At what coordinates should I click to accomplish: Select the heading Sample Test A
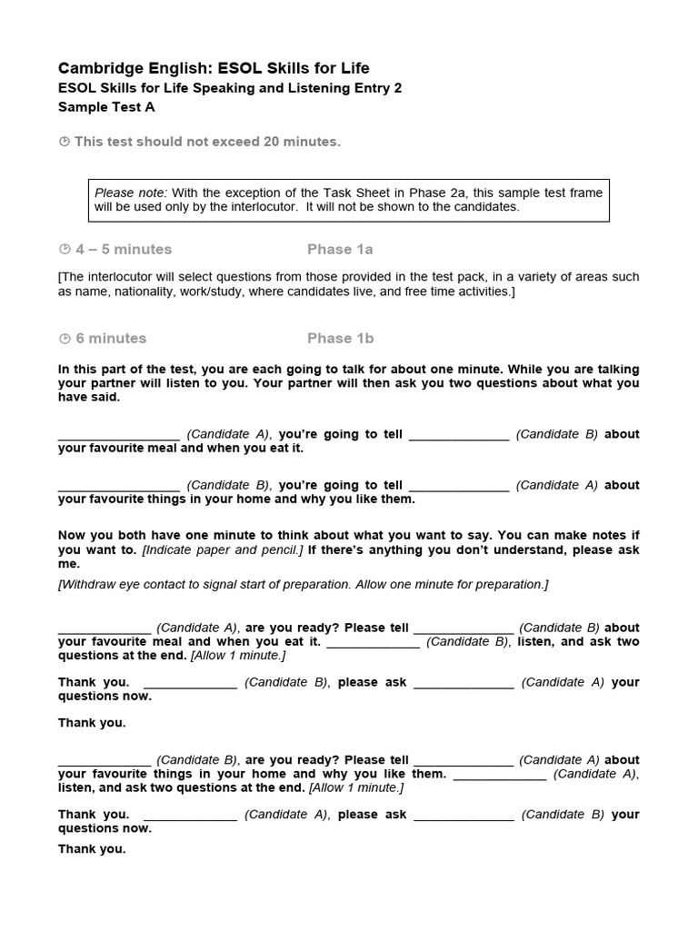click(x=106, y=106)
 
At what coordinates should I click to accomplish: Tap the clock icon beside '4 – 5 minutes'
click(x=64, y=249)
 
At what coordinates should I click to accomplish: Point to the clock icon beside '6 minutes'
click(x=64, y=338)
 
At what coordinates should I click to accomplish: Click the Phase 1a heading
click(x=340, y=249)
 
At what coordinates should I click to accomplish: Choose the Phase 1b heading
click(x=340, y=338)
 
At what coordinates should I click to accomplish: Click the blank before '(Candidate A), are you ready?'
click(x=105, y=628)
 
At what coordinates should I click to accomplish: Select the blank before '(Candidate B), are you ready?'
click(x=105, y=761)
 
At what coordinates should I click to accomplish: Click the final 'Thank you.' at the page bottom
click(x=92, y=849)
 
